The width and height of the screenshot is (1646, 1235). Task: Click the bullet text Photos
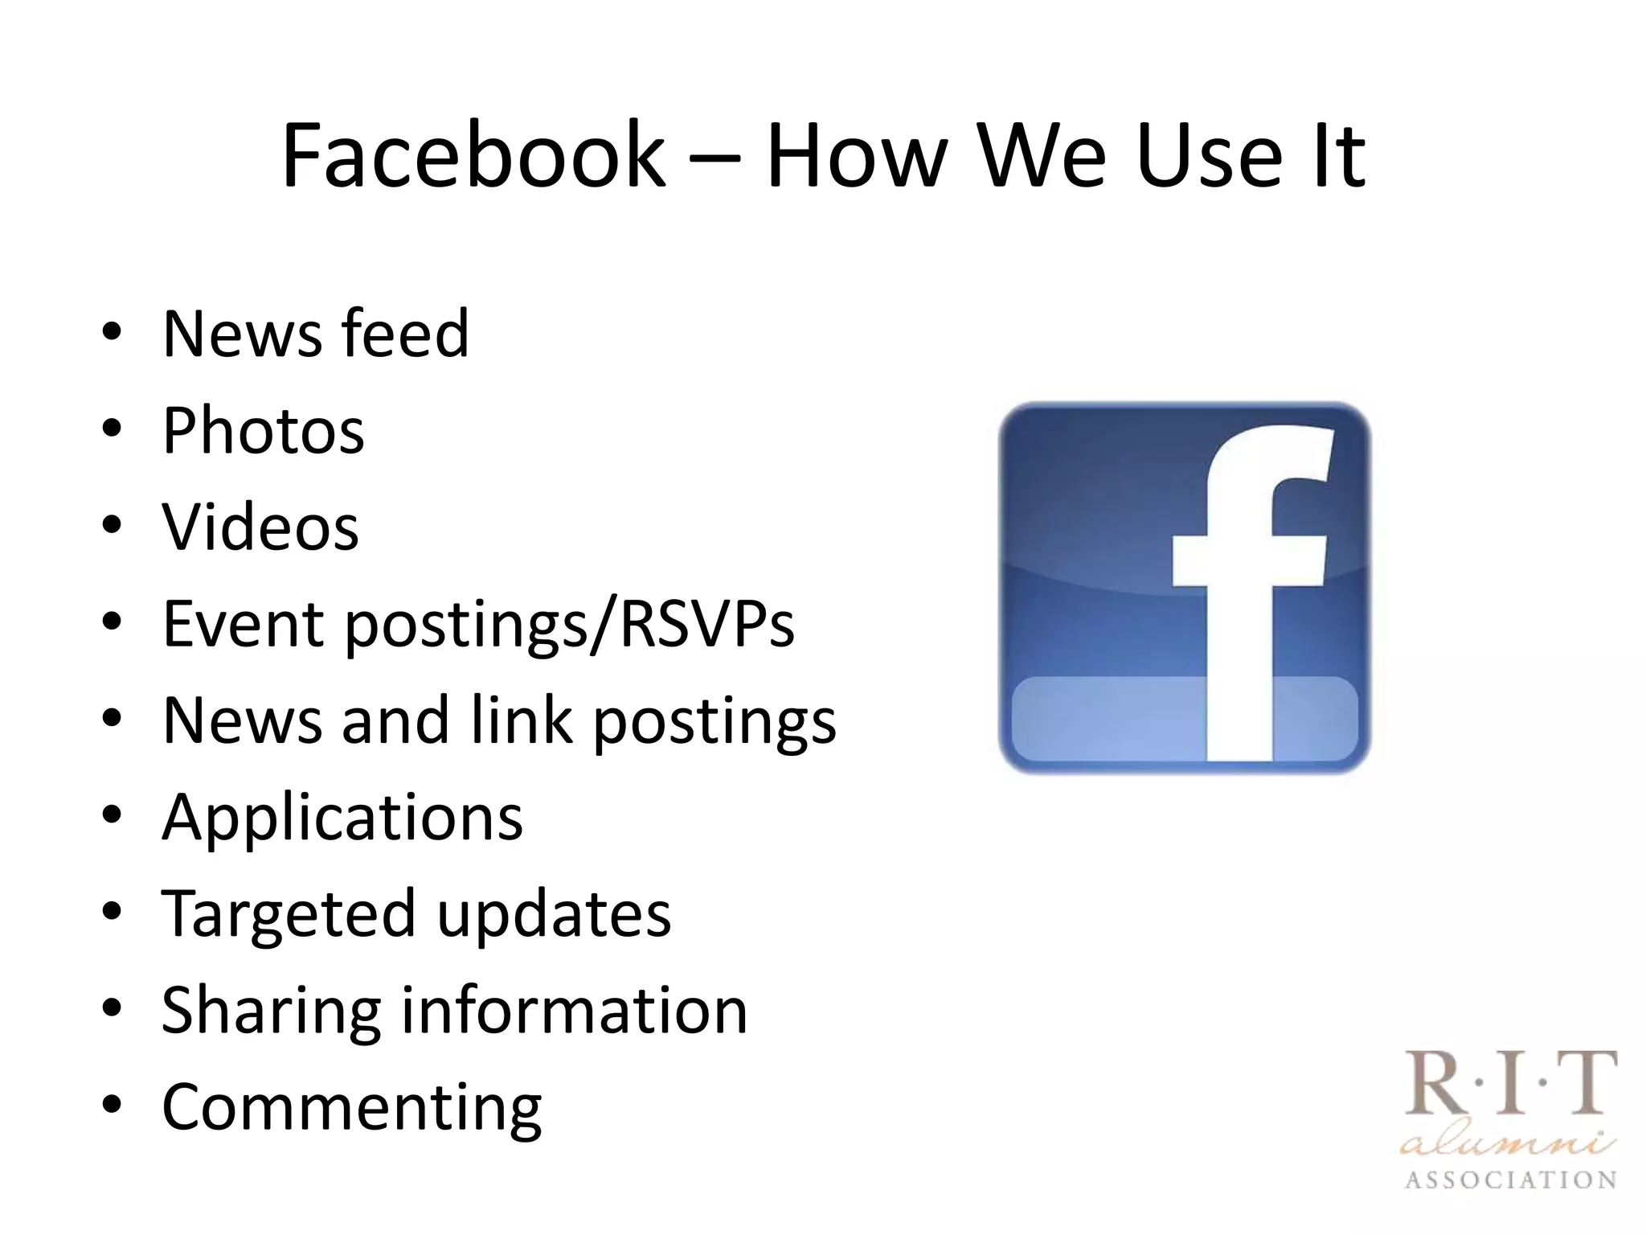pos(263,431)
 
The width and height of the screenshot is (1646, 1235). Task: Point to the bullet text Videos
pos(260,527)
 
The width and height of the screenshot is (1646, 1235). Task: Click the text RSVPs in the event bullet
pos(706,623)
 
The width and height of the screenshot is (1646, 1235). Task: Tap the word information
pos(574,1010)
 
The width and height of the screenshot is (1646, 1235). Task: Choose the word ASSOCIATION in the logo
pos(1510,1180)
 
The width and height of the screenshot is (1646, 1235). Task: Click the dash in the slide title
pos(714,158)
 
